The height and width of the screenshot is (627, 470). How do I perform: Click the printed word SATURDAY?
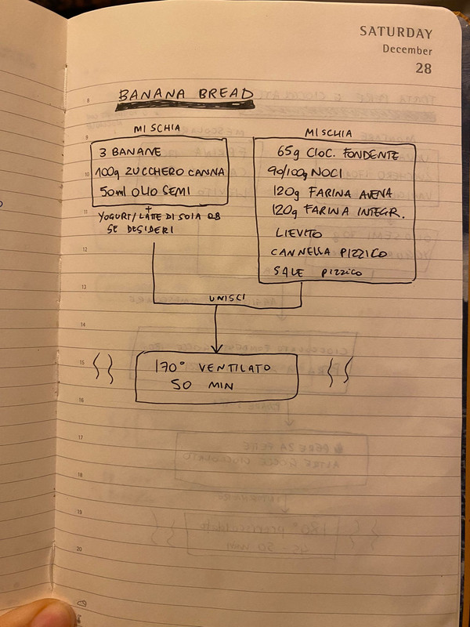[396, 33]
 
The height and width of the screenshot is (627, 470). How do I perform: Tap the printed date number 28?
[423, 68]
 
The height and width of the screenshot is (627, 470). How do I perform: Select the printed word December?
[407, 50]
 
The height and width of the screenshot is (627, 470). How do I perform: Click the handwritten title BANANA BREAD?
[186, 95]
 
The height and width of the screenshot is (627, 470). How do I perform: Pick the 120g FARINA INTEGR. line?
[338, 212]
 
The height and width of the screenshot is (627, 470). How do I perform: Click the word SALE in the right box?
[287, 272]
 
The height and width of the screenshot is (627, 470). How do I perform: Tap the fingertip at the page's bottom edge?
[39, 614]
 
